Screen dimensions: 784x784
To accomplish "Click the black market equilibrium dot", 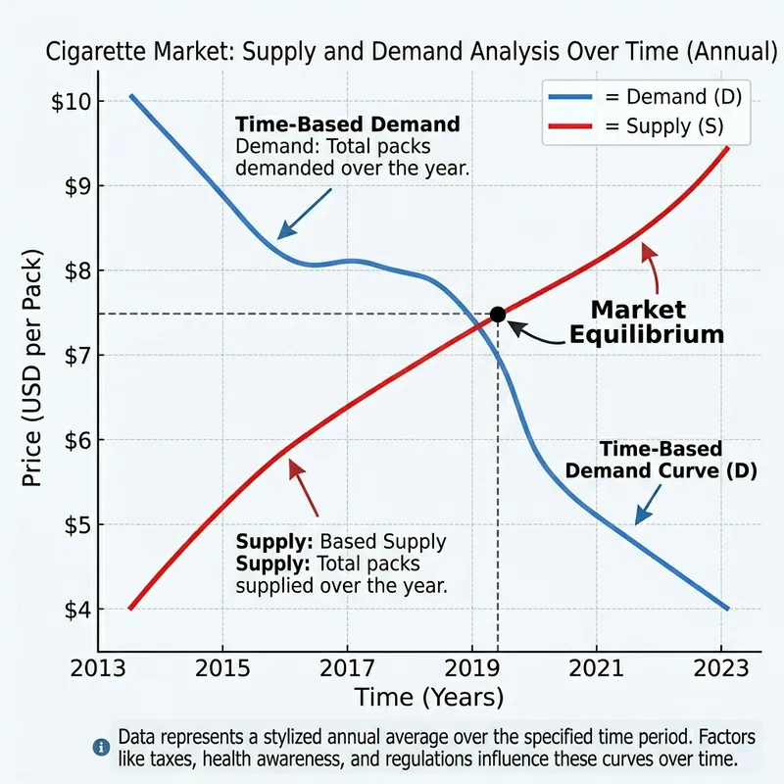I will coord(497,314).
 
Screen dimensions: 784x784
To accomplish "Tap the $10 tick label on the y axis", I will coord(72,101).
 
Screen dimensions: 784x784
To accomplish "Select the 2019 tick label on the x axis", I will coord(471,671).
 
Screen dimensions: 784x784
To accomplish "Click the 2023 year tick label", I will coord(722,671).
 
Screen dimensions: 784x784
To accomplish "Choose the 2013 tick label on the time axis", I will coord(97,671).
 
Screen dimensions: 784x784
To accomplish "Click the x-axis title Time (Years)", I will coord(429,698).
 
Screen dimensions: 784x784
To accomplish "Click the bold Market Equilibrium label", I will coord(647,321).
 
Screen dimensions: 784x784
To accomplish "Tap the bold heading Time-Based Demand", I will coord(348,125).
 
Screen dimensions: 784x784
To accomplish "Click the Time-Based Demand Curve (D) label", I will coord(647,460).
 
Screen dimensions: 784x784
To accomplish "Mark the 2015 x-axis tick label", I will coord(222,671).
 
